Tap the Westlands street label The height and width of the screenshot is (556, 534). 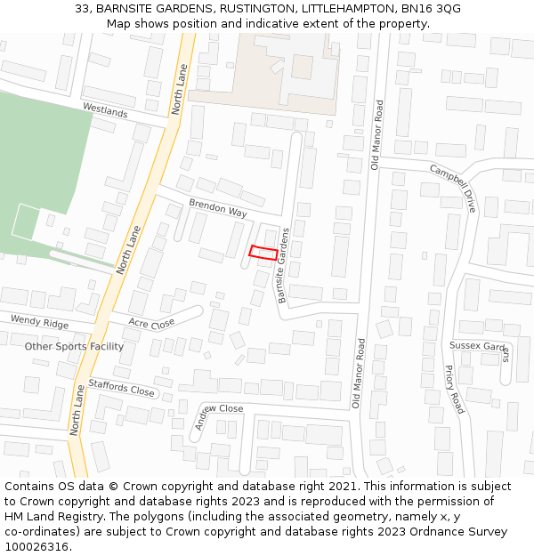pos(105,110)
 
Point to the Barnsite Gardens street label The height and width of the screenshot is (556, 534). pos(284,266)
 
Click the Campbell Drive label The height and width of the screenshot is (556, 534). pos(453,188)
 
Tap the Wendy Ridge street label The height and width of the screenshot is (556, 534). pos(39,321)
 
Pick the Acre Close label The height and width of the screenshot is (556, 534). pos(151,323)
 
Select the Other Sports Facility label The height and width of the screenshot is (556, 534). pos(74,346)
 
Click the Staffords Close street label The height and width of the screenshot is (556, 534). pos(122,389)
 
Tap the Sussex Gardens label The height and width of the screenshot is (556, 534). pos(480,347)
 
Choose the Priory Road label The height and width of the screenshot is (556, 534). pos(454,389)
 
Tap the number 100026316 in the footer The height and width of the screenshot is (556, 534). pos(37,546)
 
